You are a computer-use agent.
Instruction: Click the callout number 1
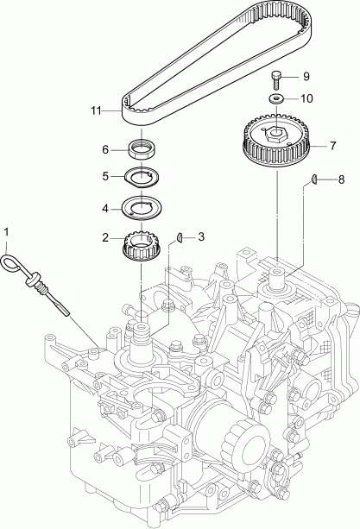8,232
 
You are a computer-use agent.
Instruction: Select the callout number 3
201,236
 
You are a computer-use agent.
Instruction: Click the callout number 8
341,179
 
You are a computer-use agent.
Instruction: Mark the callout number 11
95,110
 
